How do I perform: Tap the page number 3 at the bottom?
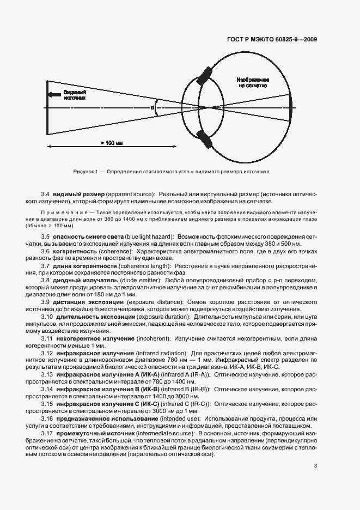pyautogui.click(x=315, y=466)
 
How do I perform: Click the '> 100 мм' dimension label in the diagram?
pyautogui.click(x=112, y=143)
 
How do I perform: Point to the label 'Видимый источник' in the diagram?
pyautogui.click(x=75, y=95)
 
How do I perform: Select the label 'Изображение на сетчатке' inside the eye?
pyautogui.click(x=252, y=82)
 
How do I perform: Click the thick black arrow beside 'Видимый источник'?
pyautogui.click(x=53, y=95)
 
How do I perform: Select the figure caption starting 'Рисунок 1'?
pyautogui.click(x=172, y=172)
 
